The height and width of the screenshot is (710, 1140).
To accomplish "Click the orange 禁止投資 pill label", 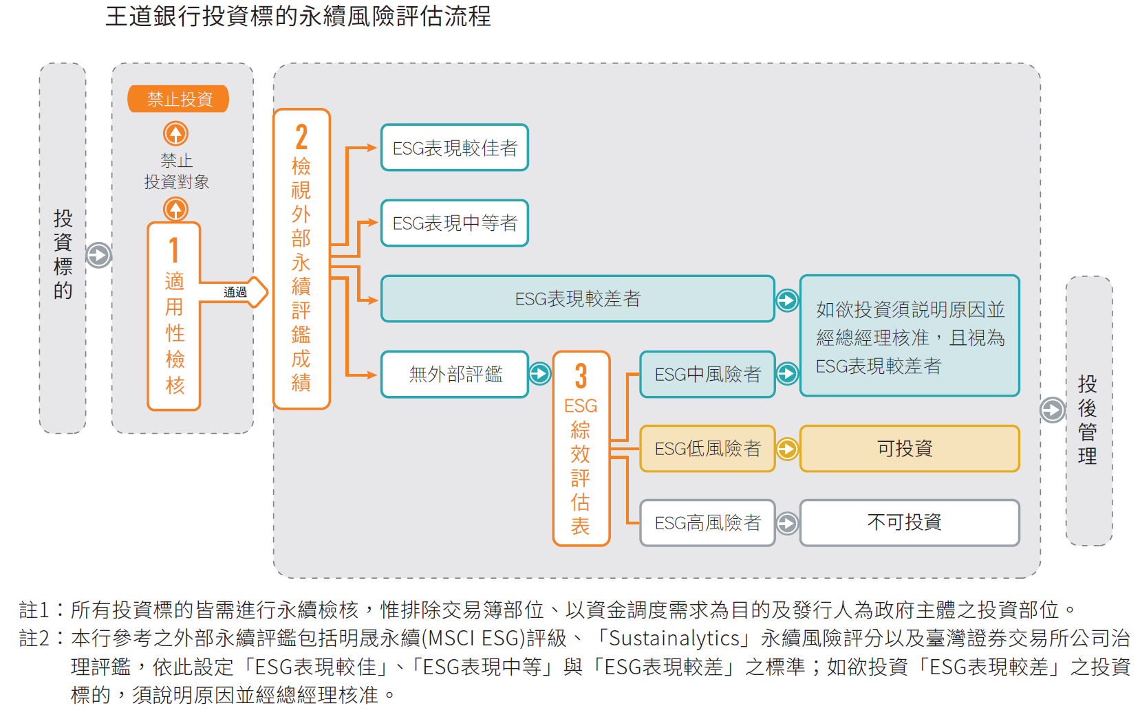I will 178,99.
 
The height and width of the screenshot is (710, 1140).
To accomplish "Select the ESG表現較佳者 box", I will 454,148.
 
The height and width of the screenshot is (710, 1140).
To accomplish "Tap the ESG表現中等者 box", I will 454,223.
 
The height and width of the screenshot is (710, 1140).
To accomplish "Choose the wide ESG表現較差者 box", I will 577,299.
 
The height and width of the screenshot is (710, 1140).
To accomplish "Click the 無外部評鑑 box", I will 454,375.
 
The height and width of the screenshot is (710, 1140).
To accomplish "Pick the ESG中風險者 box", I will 707,375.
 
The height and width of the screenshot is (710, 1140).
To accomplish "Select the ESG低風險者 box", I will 707,449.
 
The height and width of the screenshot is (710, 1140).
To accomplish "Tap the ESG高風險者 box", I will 707,523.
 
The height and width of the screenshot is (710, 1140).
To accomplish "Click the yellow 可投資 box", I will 909,449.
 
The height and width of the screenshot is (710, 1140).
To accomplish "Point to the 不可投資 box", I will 909,523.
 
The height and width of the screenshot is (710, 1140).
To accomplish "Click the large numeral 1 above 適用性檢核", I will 174,251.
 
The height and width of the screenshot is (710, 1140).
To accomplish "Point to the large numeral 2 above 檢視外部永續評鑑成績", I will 301,137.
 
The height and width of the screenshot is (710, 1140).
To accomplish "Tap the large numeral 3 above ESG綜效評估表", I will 581,377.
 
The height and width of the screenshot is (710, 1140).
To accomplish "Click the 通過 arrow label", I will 235,293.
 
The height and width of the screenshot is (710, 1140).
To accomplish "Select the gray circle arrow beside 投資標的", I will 98,255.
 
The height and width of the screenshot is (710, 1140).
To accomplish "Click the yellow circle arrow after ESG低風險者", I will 787,449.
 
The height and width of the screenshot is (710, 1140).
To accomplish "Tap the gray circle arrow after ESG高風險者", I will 787,523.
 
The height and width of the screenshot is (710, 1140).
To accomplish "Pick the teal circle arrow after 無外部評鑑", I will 540,374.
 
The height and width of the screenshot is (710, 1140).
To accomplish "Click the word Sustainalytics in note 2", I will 675,639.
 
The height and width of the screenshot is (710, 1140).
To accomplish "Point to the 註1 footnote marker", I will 34,610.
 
